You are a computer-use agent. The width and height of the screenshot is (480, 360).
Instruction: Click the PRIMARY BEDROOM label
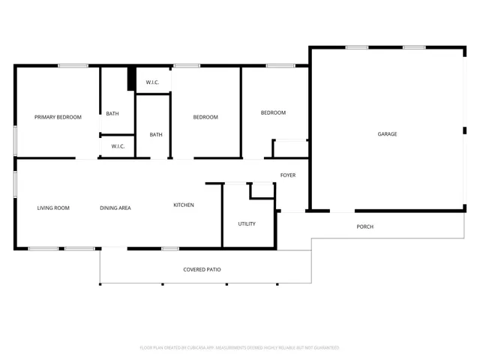click(58, 117)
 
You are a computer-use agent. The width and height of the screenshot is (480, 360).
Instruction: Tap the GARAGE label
click(387, 134)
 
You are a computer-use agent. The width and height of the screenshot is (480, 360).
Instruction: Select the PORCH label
click(364, 226)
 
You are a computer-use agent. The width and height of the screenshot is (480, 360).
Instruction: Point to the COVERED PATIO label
click(202, 269)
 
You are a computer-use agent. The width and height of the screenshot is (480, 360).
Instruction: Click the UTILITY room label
click(247, 223)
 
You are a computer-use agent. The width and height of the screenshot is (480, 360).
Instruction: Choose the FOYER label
click(288, 175)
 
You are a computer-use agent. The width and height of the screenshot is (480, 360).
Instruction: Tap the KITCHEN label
click(184, 205)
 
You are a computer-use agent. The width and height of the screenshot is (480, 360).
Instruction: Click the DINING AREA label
click(115, 208)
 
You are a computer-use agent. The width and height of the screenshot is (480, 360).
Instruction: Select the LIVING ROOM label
click(53, 208)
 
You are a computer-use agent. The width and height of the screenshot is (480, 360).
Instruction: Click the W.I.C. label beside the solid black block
click(152, 82)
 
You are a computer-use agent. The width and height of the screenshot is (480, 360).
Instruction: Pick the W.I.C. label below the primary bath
click(118, 146)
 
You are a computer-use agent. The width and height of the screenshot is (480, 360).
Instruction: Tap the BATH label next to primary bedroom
click(112, 114)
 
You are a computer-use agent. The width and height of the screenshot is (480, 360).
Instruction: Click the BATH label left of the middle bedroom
click(156, 135)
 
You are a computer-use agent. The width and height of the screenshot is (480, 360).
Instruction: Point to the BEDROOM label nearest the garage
click(273, 112)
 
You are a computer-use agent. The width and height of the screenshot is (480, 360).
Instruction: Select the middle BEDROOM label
click(205, 117)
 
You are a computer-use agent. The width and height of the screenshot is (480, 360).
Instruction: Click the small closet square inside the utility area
click(262, 190)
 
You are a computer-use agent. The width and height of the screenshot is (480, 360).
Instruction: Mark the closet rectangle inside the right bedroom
click(290, 148)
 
